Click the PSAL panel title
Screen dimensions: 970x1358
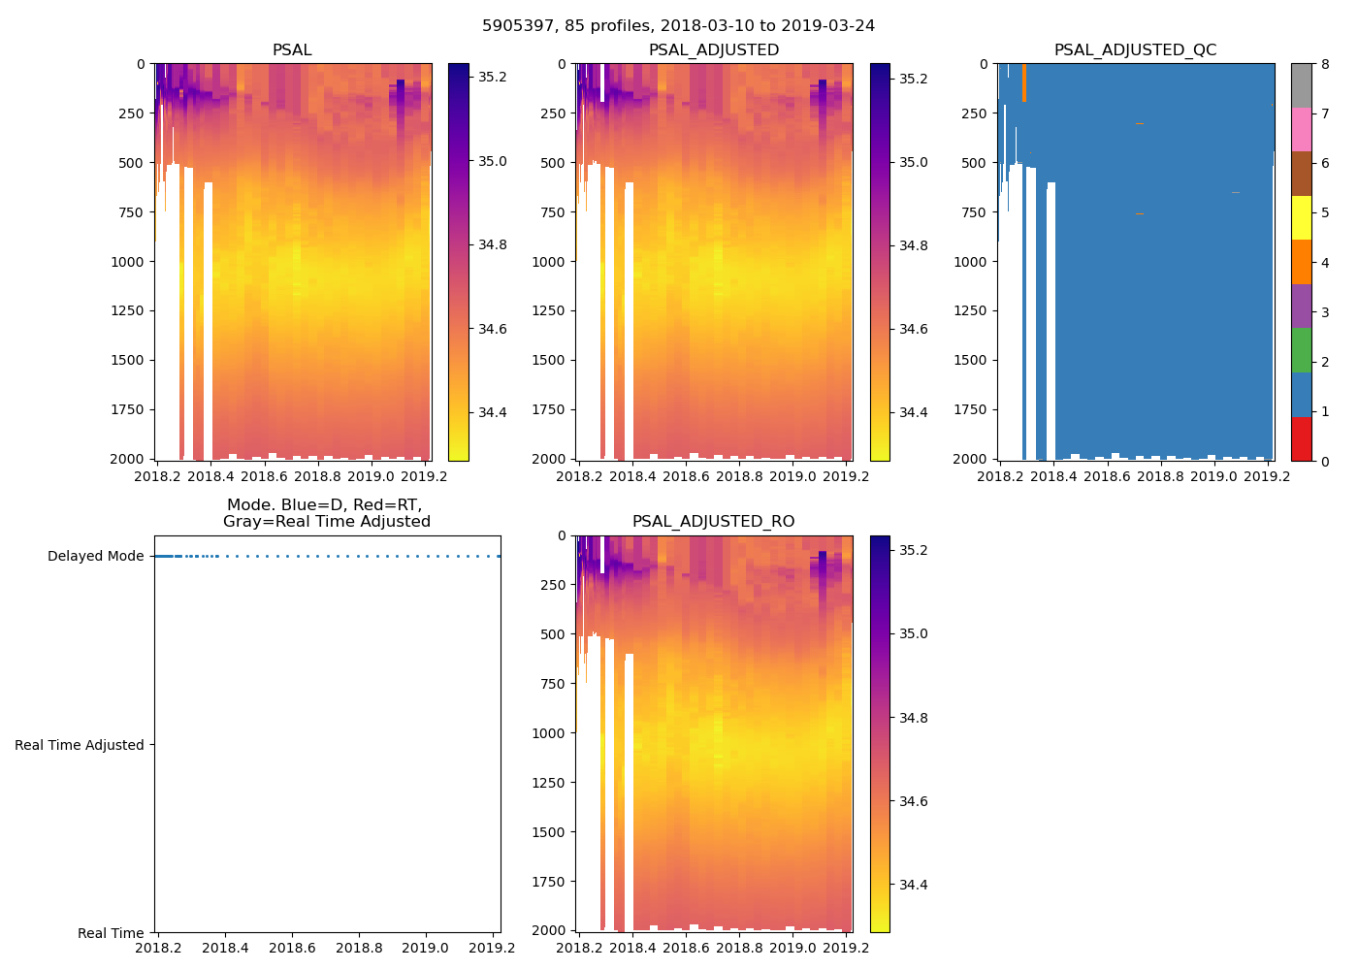(x=292, y=50)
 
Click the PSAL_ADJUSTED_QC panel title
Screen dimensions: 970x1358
(x=1135, y=50)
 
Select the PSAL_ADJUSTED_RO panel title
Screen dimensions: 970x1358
(x=713, y=522)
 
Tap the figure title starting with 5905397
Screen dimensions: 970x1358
(x=678, y=26)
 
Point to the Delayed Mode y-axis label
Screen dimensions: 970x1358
(x=95, y=557)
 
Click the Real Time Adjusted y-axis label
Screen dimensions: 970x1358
(x=80, y=745)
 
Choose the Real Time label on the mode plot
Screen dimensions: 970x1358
(x=111, y=933)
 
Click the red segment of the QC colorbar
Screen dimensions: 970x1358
(x=1301, y=438)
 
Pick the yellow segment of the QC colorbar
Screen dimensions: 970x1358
(x=1301, y=217)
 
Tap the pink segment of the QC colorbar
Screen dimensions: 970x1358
(x=1301, y=129)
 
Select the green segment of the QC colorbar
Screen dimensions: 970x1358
(x=1301, y=350)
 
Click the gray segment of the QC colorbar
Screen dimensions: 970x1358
(x=1301, y=85)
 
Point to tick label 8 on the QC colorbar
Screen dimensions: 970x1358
(x=1325, y=65)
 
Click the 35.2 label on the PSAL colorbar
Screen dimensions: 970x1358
(x=493, y=77)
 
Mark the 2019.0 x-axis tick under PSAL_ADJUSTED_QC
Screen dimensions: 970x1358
(x=1213, y=476)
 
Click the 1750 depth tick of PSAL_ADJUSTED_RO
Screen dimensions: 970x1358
(x=548, y=882)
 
